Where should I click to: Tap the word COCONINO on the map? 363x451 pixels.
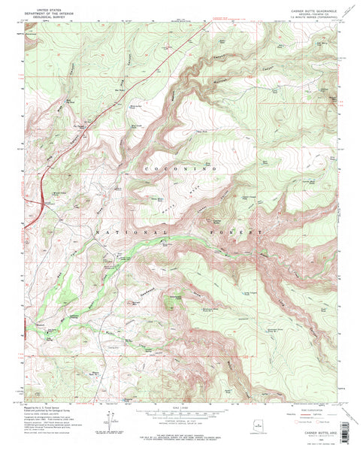coord(186,171)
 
